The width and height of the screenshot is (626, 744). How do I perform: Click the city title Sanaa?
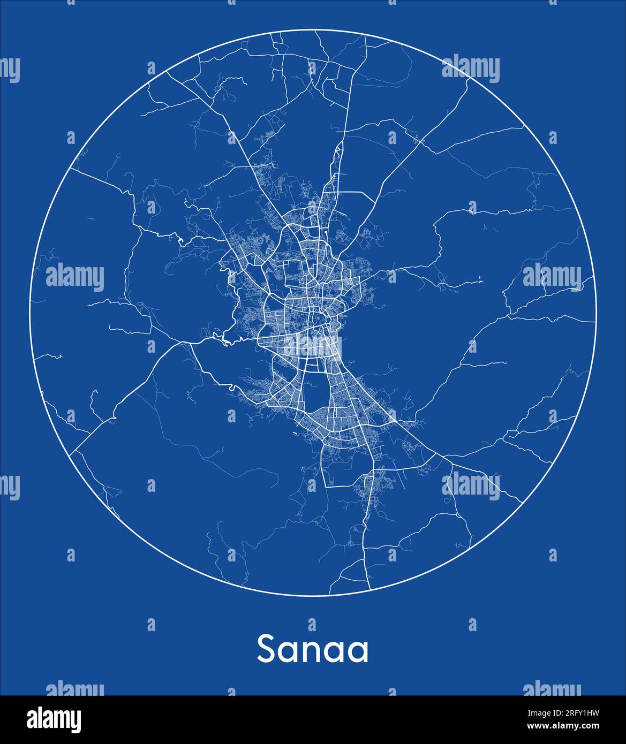313,649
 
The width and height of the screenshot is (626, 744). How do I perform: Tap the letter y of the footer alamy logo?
76,721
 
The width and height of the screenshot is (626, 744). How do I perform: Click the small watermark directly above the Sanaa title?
312,624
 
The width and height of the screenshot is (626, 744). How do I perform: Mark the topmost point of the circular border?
313,31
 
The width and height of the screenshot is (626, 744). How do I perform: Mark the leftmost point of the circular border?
30,313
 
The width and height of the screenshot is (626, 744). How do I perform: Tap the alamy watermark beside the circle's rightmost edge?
552,277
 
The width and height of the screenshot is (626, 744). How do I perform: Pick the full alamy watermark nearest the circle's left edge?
75,277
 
